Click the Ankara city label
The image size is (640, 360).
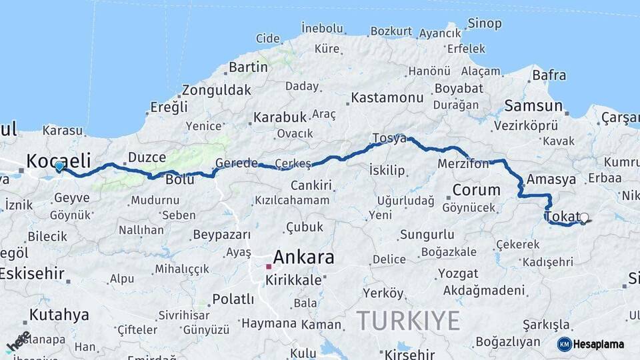[x=303, y=257]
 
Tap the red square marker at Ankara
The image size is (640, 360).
[x=269, y=267]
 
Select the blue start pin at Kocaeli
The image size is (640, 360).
[x=59, y=166]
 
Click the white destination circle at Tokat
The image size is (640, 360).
[x=585, y=217]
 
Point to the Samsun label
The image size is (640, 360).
[x=533, y=106]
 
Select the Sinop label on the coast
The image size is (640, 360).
[x=485, y=24]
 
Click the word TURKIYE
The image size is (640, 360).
[x=408, y=321]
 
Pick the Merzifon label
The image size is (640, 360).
[x=463, y=163]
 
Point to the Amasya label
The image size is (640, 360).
[x=551, y=179]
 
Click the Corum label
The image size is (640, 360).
[x=476, y=190]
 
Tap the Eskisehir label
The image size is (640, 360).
[x=32, y=273]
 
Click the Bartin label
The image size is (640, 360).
[x=248, y=67]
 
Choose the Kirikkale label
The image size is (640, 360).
[x=293, y=281]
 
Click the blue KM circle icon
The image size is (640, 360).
[x=564, y=344]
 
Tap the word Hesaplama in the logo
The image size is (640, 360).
[x=599, y=345]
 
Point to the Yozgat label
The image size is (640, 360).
[x=459, y=274]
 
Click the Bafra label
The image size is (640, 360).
[x=549, y=75]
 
